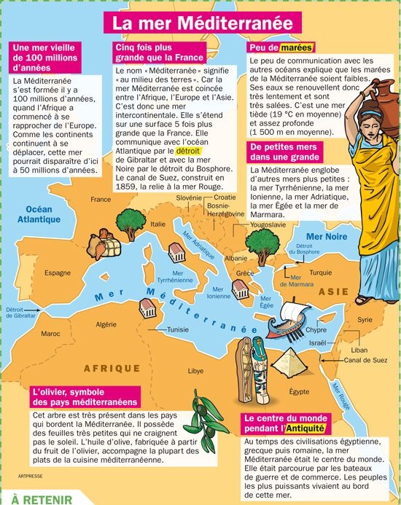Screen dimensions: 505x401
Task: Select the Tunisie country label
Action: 178,329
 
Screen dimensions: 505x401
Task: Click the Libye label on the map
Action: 196,371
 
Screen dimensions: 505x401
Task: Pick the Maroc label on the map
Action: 50,334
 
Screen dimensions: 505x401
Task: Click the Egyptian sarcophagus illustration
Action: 261,371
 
